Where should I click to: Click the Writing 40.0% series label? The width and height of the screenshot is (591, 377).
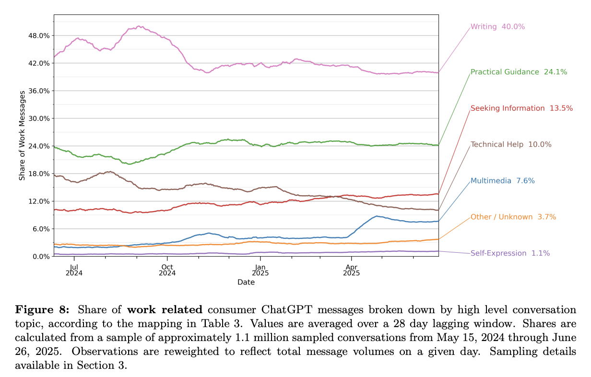coord(497,27)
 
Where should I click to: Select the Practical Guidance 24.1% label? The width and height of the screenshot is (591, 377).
coord(519,72)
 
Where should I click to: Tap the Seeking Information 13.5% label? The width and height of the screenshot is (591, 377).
coord(521,108)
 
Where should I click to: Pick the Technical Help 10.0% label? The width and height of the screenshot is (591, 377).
coord(511,144)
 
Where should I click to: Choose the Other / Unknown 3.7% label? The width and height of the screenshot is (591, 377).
coord(513,217)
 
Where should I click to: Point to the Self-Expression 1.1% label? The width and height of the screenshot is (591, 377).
coord(510,253)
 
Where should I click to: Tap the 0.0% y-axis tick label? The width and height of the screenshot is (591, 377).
coord(41,257)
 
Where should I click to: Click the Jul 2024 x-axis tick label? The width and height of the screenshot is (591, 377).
coord(74,270)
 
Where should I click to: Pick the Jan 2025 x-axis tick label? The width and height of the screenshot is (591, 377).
coord(260,270)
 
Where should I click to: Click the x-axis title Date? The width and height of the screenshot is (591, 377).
coord(246,283)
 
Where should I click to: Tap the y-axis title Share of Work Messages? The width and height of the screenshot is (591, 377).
coord(22,137)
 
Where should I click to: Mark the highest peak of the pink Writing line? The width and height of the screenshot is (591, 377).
coord(139,26)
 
